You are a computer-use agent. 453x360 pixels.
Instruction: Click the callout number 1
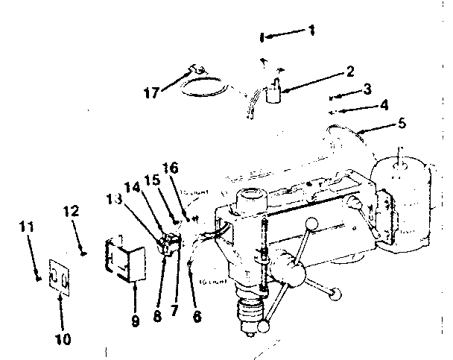click(x=311, y=31)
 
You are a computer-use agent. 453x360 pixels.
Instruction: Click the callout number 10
click(x=63, y=339)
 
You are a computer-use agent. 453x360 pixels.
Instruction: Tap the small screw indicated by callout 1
click(x=262, y=37)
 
